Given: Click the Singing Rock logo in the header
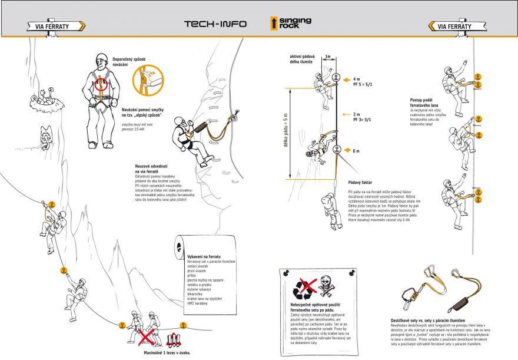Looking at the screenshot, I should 287,24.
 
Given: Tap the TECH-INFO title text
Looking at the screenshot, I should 215,25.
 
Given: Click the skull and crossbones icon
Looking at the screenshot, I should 327,287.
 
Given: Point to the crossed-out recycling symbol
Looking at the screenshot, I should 304,288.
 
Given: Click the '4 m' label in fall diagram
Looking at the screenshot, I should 357,79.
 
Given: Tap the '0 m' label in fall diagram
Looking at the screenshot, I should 356,151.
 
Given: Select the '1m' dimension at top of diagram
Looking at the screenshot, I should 327,57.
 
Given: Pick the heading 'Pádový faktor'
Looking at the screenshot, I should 360,183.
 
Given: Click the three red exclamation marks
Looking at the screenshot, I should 173,340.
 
